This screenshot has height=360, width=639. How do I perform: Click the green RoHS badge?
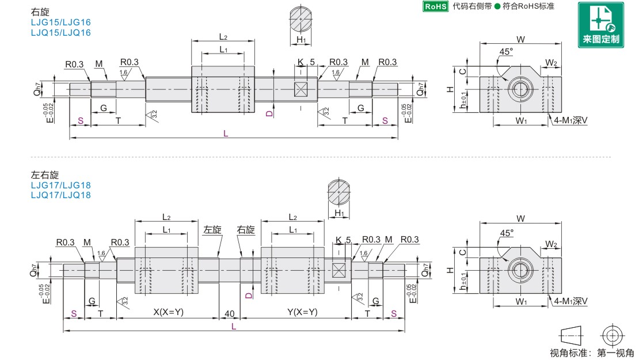(x=436, y=6)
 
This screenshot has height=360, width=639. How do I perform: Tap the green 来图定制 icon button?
(x=600, y=25)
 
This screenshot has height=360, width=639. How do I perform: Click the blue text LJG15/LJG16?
(x=60, y=22)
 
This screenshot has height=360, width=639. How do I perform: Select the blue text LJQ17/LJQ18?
(x=60, y=195)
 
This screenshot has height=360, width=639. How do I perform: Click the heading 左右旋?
(x=45, y=175)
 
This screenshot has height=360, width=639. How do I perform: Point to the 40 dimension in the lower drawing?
(x=230, y=313)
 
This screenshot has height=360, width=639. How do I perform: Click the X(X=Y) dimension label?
(x=168, y=312)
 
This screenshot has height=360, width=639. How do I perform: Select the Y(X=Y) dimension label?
(x=302, y=312)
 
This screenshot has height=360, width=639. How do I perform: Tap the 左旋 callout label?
(x=212, y=230)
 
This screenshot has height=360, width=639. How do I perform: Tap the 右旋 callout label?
(x=246, y=230)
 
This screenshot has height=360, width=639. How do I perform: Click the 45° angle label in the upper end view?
(x=506, y=52)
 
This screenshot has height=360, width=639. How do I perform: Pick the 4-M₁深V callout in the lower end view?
(x=570, y=301)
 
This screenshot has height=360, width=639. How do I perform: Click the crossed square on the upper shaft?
(x=301, y=89)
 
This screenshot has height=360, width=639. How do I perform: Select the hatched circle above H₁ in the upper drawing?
(x=301, y=19)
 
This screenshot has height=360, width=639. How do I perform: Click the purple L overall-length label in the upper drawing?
(x=226, y=134)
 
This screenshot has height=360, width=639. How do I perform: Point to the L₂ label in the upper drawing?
(x=223, y=37)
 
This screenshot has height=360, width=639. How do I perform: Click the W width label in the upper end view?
(x=520, y=40)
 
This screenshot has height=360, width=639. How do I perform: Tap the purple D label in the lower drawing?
(x=249, y=295)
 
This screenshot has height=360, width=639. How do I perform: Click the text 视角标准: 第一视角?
(x=592, y=353)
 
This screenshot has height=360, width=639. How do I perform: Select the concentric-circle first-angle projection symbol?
(x=613, y=336)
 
